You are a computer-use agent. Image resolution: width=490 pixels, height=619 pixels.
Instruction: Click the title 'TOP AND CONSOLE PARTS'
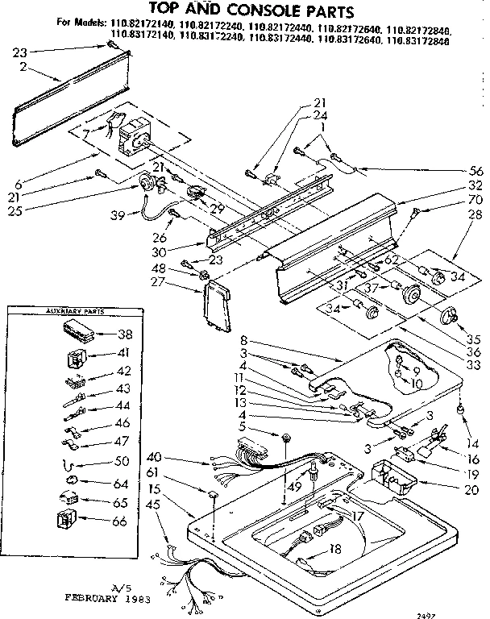[x=246, y=11]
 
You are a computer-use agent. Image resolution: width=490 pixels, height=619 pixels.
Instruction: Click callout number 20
[x=473, y=487]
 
